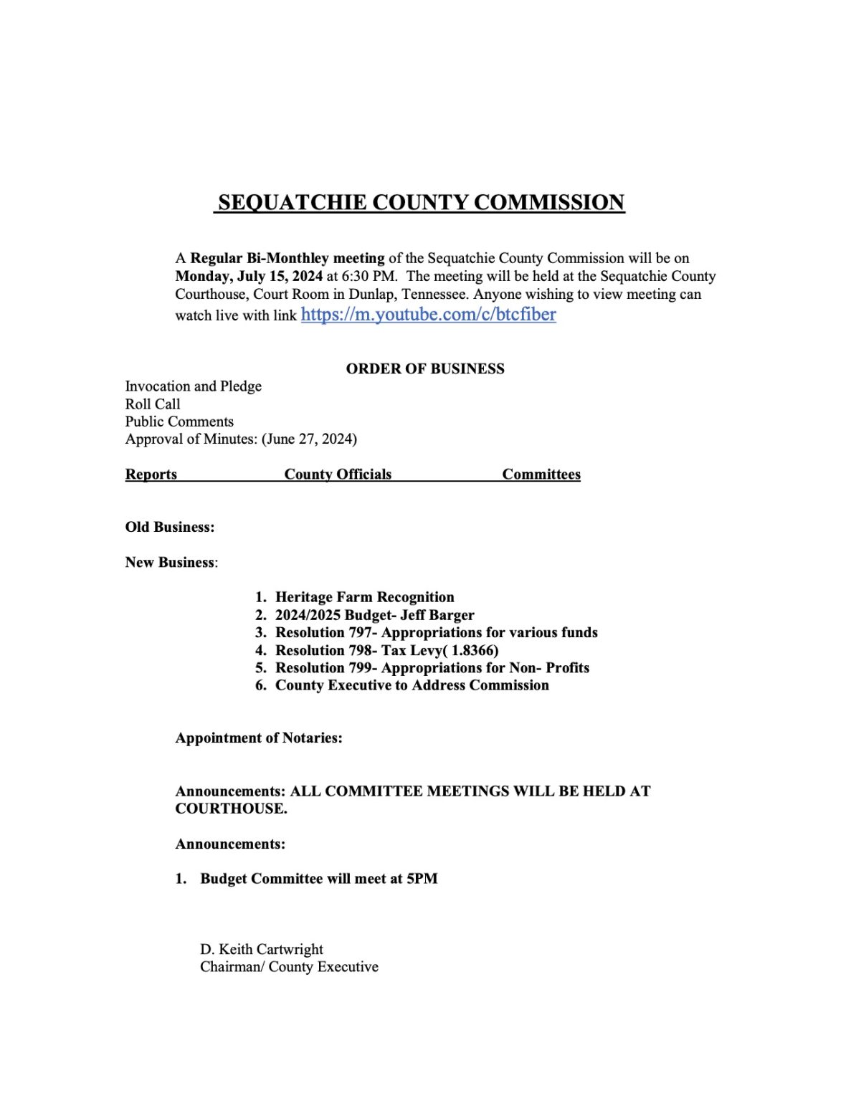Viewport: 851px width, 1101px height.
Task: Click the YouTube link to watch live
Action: coord(428,315)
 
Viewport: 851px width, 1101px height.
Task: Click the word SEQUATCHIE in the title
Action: coord(292,203)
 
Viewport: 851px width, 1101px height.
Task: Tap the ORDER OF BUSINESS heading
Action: coord(425,368)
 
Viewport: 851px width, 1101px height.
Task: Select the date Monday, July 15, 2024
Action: coord(249,277)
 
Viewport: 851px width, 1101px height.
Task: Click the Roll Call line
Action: coord(153,404)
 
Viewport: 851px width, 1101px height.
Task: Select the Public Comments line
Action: coord(179,421)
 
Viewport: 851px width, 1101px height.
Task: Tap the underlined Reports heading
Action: coord(151,475)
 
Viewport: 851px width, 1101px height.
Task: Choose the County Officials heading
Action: coord(338,475)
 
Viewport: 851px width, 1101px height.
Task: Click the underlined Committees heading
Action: coord(541,475)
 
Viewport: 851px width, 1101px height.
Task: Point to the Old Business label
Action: coord(170,528)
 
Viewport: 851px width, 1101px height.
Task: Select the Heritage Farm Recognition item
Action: coord(364,597)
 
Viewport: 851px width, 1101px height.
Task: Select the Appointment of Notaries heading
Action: coord(259,738)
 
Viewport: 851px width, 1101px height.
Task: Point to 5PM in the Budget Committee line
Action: coord(422,879)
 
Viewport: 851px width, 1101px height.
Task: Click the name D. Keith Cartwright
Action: coord(262,950)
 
